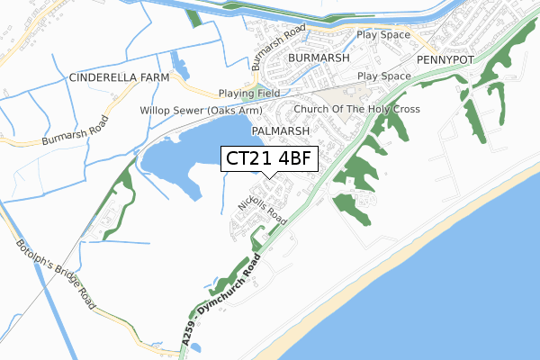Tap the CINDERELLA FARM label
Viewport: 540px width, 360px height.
pyautogui.click(x=114, y=78)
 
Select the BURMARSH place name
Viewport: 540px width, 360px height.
pyautogui.click(x=316, y=57)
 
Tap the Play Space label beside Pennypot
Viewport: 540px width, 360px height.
pyautogui.click(x=382, y=35)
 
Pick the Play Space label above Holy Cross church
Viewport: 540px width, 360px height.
pyautogui.click(x=382, y=76)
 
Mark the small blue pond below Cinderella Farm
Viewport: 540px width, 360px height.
pyautogui.click(x=180, y=68)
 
